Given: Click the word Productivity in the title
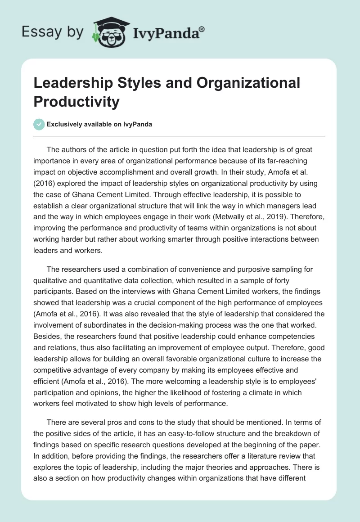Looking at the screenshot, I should pos(76,102).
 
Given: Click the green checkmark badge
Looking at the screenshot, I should pos(39,124).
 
